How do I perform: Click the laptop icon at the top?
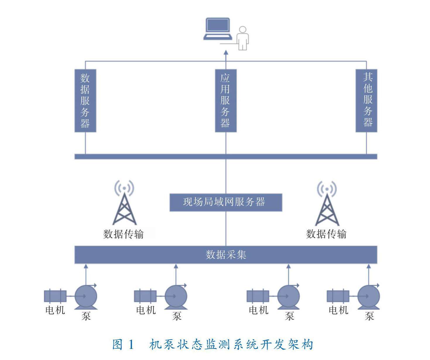pos(217,29)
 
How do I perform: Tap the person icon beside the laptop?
pos(243,38)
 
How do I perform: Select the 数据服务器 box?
pos(85,101)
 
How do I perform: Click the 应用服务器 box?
pos(226,101)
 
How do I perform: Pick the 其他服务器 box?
pos(366,101)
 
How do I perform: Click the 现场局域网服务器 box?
pos(226,202)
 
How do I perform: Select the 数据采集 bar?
pos(226,255)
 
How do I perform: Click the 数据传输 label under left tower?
pos(124,234)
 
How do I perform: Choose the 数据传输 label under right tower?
pos(326,234)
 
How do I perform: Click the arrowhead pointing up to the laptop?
pos(226,53)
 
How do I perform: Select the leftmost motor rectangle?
pos(55,296)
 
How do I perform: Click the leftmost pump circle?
pos(86,296)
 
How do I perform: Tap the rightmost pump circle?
pos(369,296)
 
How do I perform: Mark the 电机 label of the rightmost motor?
pos(338,310)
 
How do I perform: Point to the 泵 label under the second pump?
pos(177,316)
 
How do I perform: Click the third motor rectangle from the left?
pos(258,296)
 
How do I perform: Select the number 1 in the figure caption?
pos(131,345)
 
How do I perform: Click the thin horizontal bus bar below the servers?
pos(226,156)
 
